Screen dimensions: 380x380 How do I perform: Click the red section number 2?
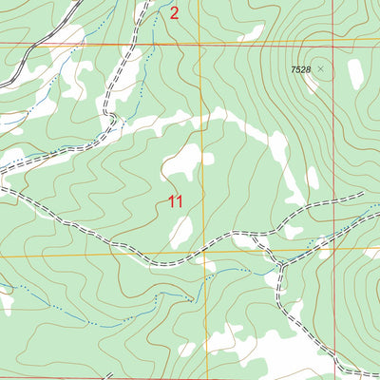click(174, 13)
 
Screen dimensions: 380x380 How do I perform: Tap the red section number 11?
click(175, 201)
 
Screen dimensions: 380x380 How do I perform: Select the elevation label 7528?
click(300, 69)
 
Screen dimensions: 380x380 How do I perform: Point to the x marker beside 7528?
click(320, 69)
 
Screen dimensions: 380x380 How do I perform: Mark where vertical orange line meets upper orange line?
click(201, 44)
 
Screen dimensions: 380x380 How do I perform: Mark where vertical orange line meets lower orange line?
click(202, 254)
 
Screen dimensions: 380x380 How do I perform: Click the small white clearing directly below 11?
click(181, 231)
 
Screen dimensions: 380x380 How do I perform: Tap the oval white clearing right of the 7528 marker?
click(355, 74)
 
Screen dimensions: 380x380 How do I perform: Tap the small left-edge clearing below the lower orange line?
click(6, 301)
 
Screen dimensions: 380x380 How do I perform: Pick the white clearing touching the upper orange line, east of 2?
click(251, 35)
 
